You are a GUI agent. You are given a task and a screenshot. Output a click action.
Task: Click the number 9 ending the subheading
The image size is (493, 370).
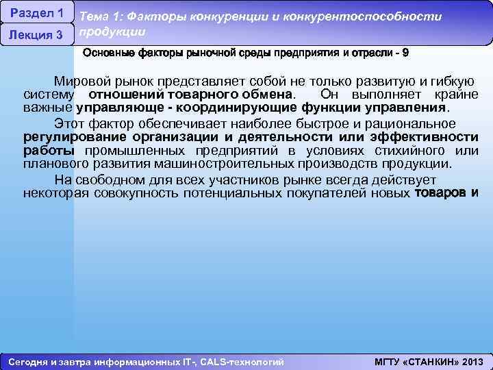[405, 53]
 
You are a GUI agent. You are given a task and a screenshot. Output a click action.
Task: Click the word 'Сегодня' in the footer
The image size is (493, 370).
[25, 362]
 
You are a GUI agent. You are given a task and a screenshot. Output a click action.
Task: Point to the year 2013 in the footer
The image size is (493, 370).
[472, 362]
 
